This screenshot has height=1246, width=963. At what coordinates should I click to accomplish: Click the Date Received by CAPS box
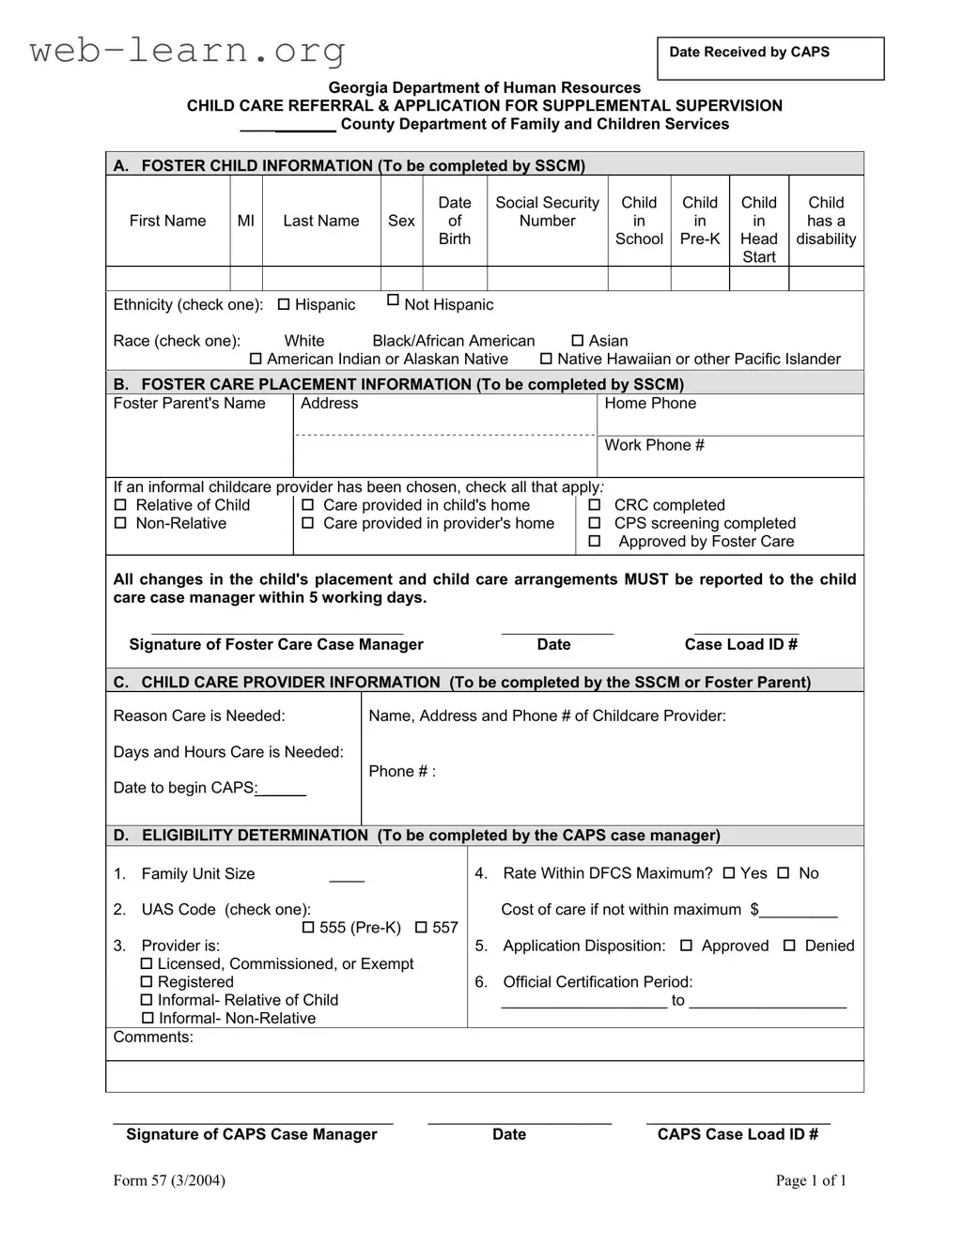pos(770,58)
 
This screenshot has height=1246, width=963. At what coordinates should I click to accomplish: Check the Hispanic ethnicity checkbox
pos(284,304)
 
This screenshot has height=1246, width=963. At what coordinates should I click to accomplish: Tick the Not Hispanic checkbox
pos(394,300)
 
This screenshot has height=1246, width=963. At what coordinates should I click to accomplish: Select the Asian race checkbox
pos(578,341)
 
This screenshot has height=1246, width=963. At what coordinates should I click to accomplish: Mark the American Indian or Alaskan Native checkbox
pos(256,359)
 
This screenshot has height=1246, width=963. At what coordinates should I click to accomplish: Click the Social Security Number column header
pos(547,212)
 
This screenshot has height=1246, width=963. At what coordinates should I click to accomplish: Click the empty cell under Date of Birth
pos(455,278)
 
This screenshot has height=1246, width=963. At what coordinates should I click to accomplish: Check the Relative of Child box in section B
pos(120,505)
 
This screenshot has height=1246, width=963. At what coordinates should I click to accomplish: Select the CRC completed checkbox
pos(595,505)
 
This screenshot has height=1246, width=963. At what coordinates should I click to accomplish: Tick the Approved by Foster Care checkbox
pos(595,541)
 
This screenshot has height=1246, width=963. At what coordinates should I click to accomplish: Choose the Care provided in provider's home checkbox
pos(307,523)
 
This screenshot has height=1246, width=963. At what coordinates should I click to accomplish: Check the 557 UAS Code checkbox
pos(421,927)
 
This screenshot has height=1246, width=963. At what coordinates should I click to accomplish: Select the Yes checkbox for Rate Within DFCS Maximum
pos(729,873)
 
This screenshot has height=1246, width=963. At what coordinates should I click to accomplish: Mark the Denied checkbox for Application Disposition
pos(789,946)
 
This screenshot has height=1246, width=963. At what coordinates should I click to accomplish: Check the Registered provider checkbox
pos(147,982)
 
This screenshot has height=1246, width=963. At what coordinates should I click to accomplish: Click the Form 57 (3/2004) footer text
pos(169,1180)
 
